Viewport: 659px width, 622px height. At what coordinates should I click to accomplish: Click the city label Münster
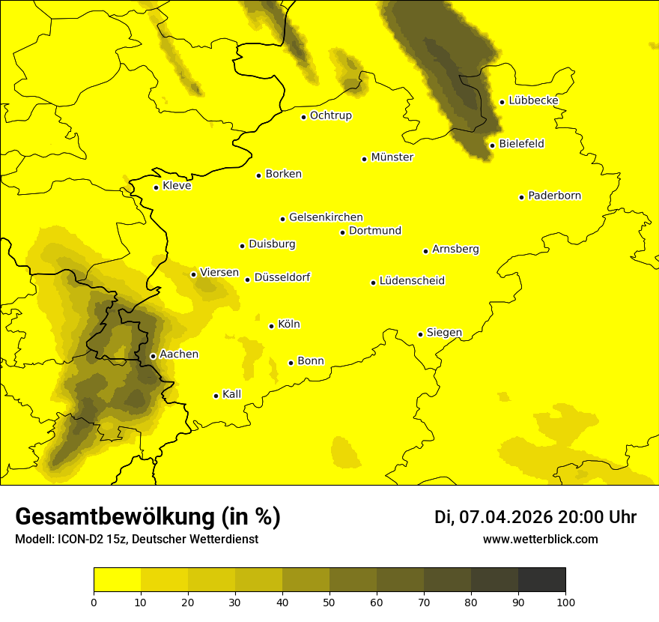click(x=392, y=157)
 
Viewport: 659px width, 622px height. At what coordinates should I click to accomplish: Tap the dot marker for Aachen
click(x=153, y=356)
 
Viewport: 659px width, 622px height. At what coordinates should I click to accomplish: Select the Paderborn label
click(x=554, y=196)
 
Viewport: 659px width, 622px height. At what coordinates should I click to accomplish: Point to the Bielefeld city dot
click(x=492, y=145)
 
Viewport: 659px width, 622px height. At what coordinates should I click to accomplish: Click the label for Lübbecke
click(x=533, y=100)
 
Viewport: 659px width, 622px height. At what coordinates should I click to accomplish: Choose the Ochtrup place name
click(x=330, y=115)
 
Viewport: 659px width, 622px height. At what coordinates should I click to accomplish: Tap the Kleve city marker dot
click(x=156, y=187)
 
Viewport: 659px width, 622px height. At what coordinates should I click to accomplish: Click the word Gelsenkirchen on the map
click(x=326, y=217)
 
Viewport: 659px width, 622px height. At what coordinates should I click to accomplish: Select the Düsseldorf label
click(x=282, y=277)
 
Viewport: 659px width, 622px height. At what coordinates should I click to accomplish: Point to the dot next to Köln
click(x=271, y=326)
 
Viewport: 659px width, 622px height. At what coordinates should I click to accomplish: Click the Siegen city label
click(x=443, y=333)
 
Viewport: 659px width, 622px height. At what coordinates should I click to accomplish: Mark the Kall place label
click(x=231, y=394)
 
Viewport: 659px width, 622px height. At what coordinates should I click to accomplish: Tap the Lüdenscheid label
click(x=412, y=281)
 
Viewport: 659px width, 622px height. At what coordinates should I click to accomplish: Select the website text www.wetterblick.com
click(x=540, y=539)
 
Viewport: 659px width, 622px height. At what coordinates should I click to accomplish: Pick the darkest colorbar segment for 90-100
click(x=541, y=579)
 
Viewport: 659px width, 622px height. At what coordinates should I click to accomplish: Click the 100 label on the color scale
click(x=565, y=601)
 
